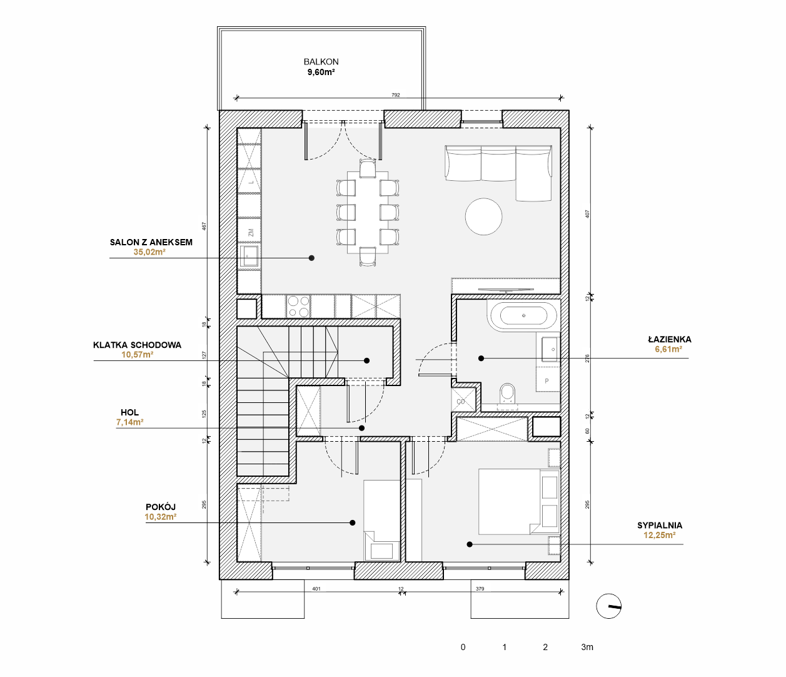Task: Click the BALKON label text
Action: (321, 62)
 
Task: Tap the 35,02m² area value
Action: (149, 252)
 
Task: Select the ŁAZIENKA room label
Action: (670, 339)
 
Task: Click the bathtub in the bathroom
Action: (523, 316)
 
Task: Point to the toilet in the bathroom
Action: (507, 394)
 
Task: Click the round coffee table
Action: (484, 216)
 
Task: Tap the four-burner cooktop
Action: (298, 307)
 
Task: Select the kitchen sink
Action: (250, 256)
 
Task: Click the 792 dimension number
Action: (396, 95)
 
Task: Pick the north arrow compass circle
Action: (608, 606)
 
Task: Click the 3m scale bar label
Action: (587, 648)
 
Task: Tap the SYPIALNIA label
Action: (660, 526)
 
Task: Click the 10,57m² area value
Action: (138, 355)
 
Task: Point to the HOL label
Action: (129, 412)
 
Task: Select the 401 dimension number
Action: (316, 589)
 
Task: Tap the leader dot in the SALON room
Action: (311, 258)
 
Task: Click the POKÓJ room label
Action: (161, 507)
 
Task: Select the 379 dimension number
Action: (480, 589)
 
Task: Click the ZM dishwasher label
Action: (251, 233)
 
